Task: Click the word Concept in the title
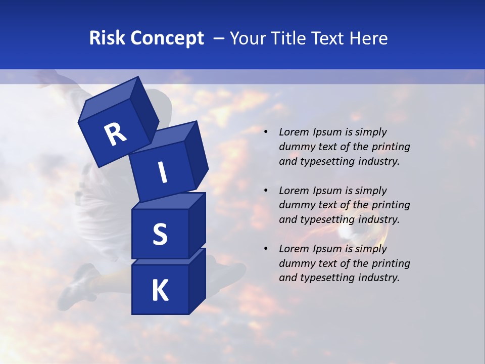coord(168,38)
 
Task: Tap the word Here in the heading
coord(368,38)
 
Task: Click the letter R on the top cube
coord(115,134)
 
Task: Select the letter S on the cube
coord(160,234)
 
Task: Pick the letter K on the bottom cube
coord(160,291)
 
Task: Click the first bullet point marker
coord(266,132)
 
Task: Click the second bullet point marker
coord(266,191)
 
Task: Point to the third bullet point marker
coord(266,249)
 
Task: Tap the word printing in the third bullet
coord(391,263)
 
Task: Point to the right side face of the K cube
coord(198,281)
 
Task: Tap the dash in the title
coord(219,38)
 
